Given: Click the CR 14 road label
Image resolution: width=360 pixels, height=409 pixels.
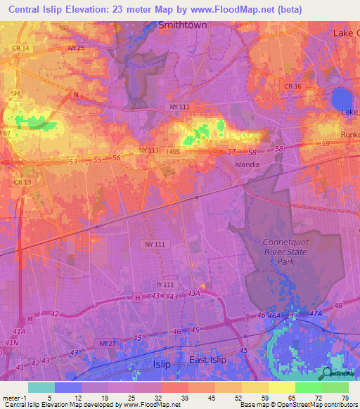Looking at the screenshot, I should tap(21, 48).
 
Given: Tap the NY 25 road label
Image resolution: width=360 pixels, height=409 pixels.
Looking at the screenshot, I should tap(76, 48).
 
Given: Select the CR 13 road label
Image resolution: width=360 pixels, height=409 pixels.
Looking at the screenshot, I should tap(22, 182).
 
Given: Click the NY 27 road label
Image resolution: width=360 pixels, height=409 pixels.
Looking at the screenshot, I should tap(107, 343).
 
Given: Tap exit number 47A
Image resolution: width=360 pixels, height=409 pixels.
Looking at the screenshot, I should tap(315, 313).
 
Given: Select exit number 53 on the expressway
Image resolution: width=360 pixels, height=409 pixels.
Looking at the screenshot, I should tap(72, 162).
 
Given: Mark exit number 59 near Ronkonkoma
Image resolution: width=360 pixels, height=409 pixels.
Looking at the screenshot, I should tap(326, 144).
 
